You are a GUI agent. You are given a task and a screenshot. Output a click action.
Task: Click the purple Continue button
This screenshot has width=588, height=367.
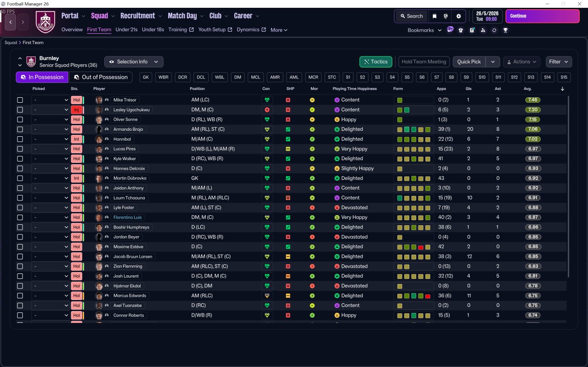tap(542, 16)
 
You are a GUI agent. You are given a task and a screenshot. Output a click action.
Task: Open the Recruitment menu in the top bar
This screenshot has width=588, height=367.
tap(138, 16)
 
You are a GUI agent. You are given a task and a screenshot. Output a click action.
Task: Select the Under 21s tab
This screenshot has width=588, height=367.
tap(126, 30)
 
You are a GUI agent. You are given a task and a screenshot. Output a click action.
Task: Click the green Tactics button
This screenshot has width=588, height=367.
tap(375, 61)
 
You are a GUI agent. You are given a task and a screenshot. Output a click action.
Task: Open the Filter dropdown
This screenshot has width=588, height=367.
tap(558, 61)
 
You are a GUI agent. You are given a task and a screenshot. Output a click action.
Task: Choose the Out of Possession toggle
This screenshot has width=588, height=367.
tap(101, 77)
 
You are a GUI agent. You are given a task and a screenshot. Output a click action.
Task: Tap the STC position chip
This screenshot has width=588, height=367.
tap(332, 77)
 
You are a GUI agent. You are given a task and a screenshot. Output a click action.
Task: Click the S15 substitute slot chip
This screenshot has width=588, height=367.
tap(564, 77)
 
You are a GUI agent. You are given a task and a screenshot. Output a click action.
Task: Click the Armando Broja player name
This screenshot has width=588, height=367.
tap(128, 129)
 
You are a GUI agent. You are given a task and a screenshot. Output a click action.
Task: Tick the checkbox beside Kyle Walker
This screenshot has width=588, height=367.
tap(20, 159)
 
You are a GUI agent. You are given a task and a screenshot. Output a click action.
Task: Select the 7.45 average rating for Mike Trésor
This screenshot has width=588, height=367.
tap(533, 100)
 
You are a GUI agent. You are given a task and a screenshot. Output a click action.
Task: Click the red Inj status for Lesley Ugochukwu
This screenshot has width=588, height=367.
tap(76, 110)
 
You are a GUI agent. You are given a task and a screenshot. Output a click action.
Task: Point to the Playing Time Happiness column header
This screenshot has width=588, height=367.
tap(354, 89)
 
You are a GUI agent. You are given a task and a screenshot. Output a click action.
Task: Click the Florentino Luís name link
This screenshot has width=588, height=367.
tap(127, 217)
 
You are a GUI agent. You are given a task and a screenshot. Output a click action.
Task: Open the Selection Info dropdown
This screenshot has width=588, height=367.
tap(133, 61)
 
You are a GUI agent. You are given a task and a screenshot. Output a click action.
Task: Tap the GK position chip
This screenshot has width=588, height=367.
tap(146, 77)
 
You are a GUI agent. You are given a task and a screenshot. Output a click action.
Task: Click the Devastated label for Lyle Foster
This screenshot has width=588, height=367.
tap(354, 208)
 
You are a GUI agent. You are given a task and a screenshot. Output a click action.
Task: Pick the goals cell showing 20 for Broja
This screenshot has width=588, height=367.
tap(470, 129)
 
